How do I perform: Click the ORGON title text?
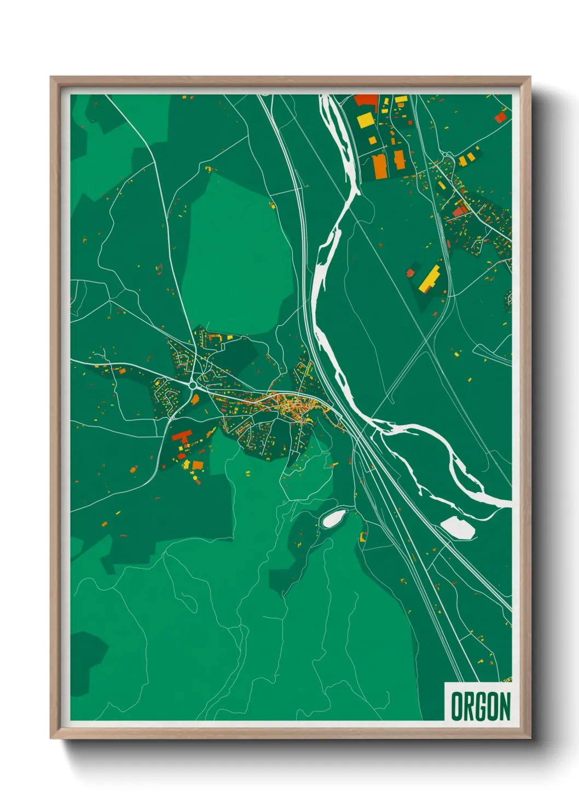480,706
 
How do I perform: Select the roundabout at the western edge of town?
193,385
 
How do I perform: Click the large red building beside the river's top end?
366,100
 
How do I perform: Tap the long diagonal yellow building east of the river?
430,278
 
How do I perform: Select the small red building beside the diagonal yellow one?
410,272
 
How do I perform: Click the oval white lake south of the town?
333,518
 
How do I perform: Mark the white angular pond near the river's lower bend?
458,526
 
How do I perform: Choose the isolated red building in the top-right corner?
500,117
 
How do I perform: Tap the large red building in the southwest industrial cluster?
181,436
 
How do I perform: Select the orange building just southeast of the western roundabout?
195,399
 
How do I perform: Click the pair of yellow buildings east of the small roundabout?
466,159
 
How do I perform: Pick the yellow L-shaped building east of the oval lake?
362,536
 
